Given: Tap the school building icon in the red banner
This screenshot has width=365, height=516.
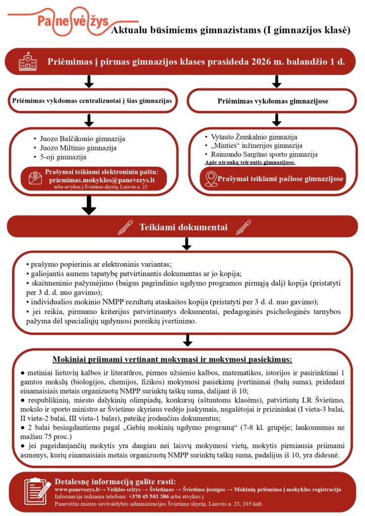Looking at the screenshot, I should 28,62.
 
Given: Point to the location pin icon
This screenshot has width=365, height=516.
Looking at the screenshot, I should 211,179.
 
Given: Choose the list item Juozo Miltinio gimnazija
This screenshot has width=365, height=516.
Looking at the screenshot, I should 78,148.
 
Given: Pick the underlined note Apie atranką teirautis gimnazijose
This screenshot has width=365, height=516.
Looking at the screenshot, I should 250,162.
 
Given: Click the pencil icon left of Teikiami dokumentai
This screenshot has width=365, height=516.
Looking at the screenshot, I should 125,227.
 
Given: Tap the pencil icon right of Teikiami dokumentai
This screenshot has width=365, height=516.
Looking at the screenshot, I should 243,227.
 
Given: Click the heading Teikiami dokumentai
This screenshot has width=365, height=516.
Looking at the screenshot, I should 184,227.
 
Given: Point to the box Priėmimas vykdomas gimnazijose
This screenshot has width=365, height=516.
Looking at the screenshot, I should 273,101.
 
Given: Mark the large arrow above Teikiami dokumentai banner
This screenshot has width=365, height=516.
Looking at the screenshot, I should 89,204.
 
